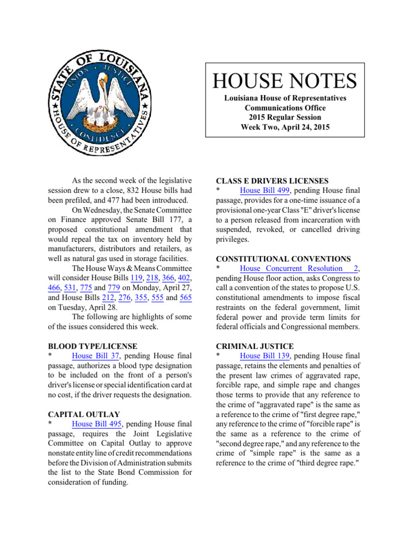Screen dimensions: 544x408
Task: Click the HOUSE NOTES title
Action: click(x=285, y=81)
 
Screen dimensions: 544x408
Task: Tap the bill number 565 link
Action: click(x=185, y=297)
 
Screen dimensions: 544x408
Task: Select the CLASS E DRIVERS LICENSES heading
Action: click(x=268, y=181)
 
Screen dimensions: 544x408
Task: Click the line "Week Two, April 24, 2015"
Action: click(x=285, y=127)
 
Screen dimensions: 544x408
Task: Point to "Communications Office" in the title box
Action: click(x=285, y=108)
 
